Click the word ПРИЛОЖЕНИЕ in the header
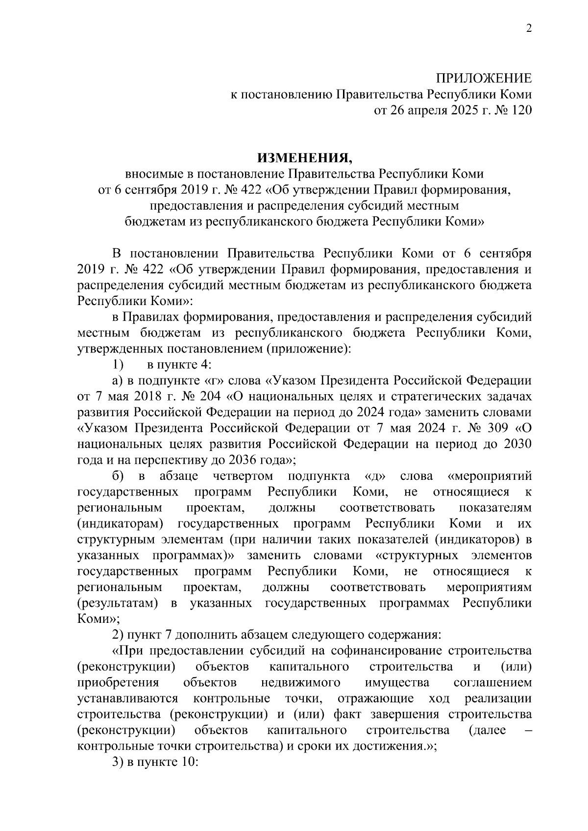coord(484,78)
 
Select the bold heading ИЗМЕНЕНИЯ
coord(304,158)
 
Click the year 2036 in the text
coord(244,460)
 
